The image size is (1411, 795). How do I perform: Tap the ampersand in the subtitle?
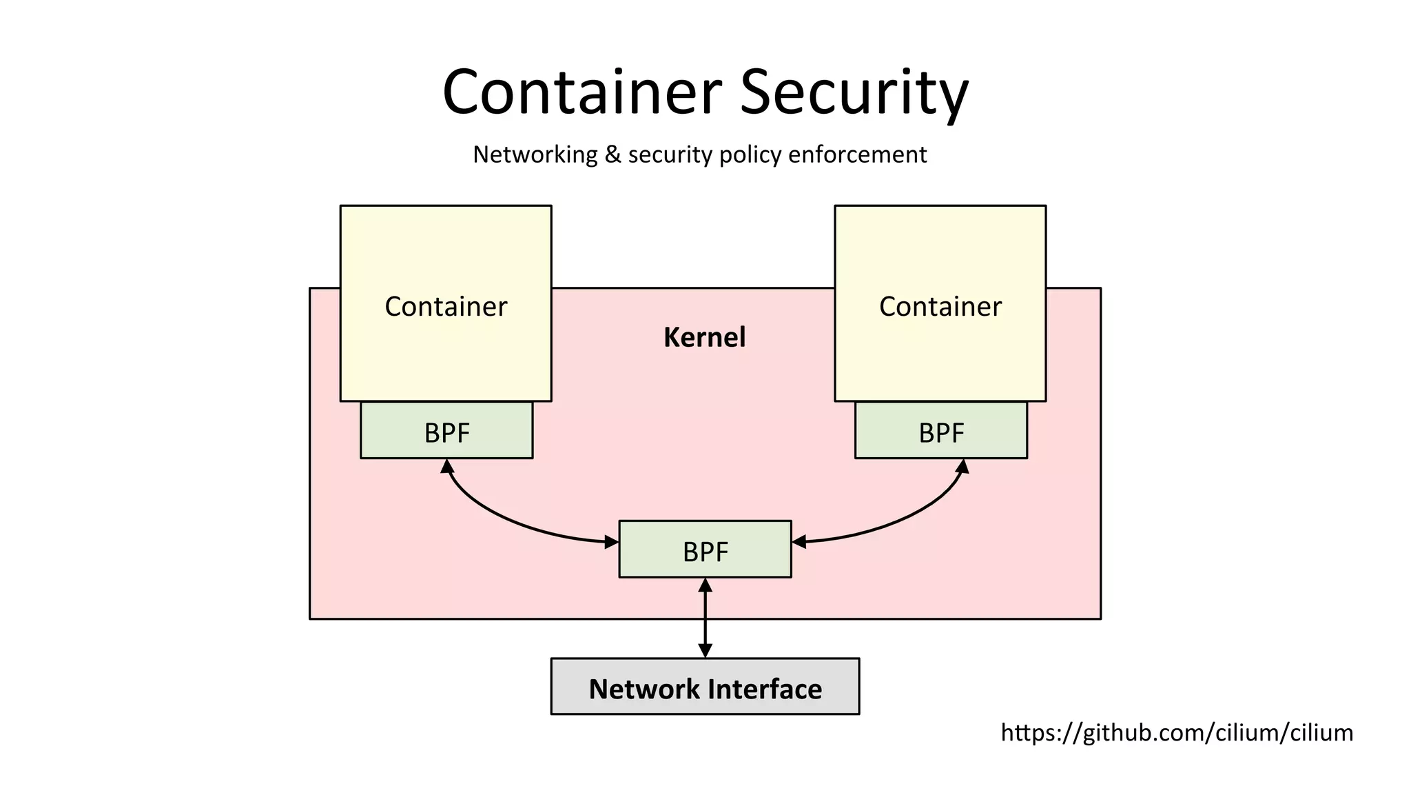612,154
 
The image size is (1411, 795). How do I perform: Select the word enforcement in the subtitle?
857,154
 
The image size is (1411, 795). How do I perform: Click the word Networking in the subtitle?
535,154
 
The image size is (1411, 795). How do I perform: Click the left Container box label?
446,306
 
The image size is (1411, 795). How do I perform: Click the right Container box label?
940,306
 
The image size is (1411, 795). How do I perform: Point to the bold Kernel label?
704,337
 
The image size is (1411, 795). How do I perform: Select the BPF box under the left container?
446,432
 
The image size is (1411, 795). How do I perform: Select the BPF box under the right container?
940,432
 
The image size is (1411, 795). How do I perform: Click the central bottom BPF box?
705,550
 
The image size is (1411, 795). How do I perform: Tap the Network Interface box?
705,687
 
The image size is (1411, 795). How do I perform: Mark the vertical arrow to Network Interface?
705,617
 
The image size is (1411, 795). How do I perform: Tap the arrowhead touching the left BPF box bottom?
447,467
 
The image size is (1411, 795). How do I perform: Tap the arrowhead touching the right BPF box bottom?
962,467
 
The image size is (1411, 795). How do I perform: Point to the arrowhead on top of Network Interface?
705,650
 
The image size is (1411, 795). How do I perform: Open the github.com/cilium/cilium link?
1176,732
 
